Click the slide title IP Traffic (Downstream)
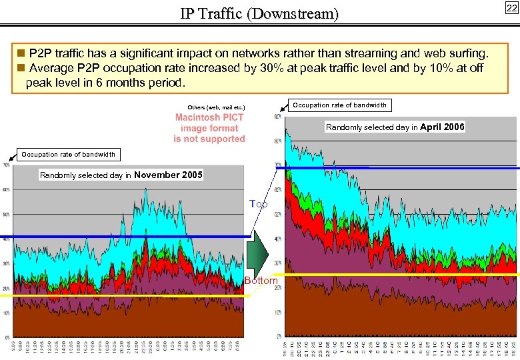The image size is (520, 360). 259,13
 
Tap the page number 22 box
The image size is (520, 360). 511,8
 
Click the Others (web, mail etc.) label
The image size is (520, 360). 216,107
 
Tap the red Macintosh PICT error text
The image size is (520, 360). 209,128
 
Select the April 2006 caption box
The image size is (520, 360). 395,127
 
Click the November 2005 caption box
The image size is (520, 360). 121,175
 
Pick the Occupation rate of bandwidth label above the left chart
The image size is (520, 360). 68,154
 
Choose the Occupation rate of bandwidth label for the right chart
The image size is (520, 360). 339,105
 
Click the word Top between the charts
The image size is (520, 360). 259,204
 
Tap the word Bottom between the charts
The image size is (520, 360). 261,281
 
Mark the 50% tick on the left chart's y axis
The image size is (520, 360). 6,214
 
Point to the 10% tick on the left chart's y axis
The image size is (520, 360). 6,312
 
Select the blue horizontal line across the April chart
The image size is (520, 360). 400,168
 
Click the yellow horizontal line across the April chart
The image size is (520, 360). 400,274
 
